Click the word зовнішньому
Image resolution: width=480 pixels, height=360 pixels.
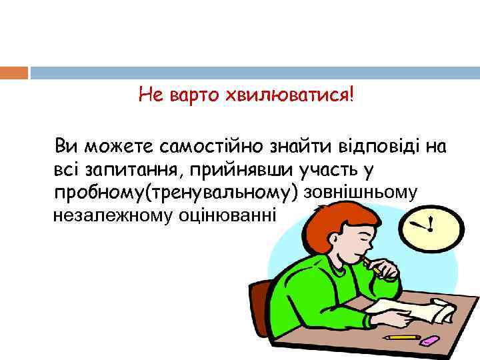(x=361, y=193)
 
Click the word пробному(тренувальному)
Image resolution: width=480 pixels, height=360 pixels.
(x=177, y=193)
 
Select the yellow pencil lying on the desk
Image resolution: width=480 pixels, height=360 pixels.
(x=404, y=337)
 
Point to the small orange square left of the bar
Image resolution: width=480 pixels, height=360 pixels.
(x=14, y=73)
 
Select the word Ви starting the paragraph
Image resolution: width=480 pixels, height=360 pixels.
(x=67, y=145)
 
